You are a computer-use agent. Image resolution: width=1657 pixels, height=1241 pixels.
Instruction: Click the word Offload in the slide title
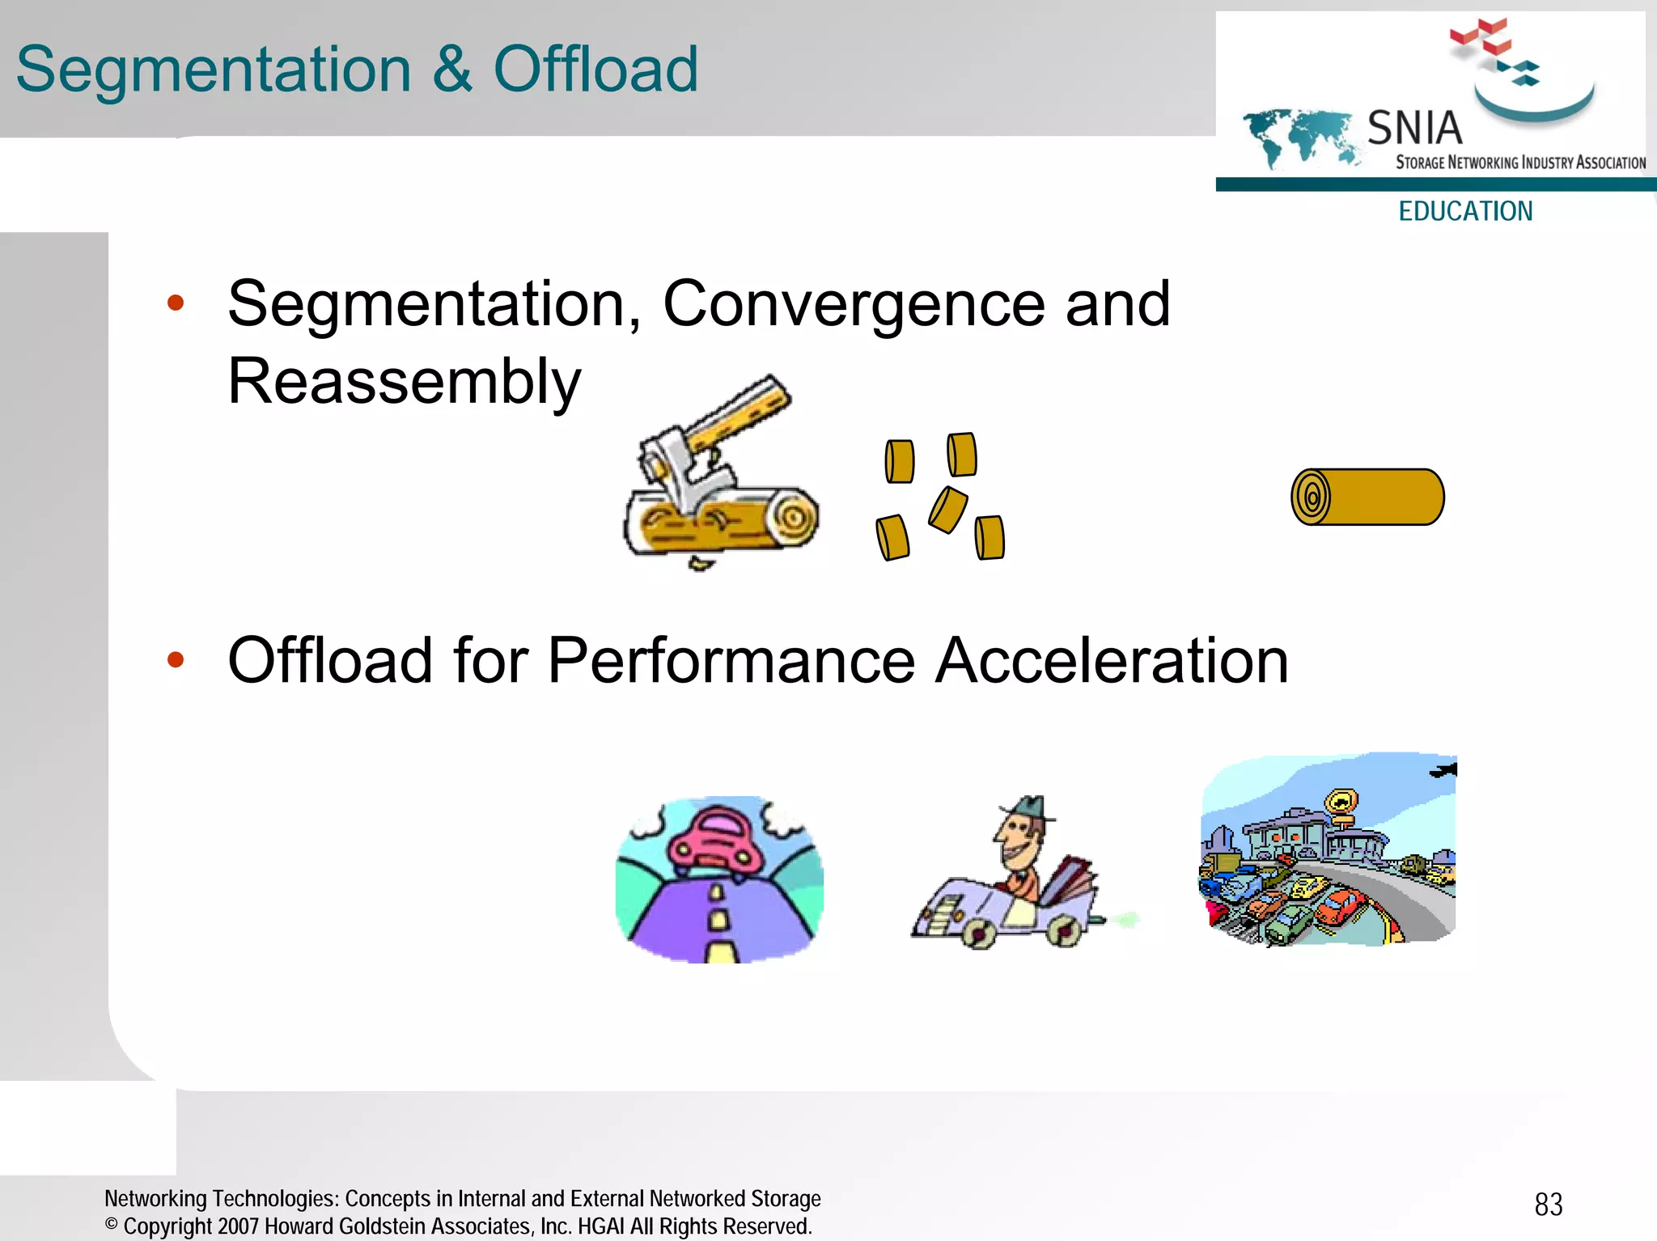[595, 70]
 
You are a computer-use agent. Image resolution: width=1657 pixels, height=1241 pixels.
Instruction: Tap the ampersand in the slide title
[451, 70]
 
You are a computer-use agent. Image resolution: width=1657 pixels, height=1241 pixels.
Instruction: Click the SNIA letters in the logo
[1414, 129]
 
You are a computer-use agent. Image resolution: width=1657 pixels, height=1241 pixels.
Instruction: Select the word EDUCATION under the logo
[1465, 211]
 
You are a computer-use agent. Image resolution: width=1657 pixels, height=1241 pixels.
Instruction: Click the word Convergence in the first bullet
[854, 303]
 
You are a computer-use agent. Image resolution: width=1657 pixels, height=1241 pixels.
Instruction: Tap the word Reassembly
[404, 382]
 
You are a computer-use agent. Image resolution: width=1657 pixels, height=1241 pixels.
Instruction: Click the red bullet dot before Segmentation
[176, 303]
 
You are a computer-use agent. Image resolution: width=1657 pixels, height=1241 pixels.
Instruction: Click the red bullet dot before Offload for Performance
[176, 660]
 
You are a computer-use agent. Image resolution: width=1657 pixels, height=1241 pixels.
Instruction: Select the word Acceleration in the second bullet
[1112, 660]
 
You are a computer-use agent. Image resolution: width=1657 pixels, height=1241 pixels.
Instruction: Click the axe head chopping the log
[680, 469]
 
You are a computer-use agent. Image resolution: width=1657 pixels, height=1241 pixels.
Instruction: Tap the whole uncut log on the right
[1367, 497]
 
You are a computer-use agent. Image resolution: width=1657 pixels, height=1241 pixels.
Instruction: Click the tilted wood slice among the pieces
[947, 510]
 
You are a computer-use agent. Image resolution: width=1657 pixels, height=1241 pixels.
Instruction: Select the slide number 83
[1548, 1205]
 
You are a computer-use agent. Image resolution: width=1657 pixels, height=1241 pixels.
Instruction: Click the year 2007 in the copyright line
[239, 1226]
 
